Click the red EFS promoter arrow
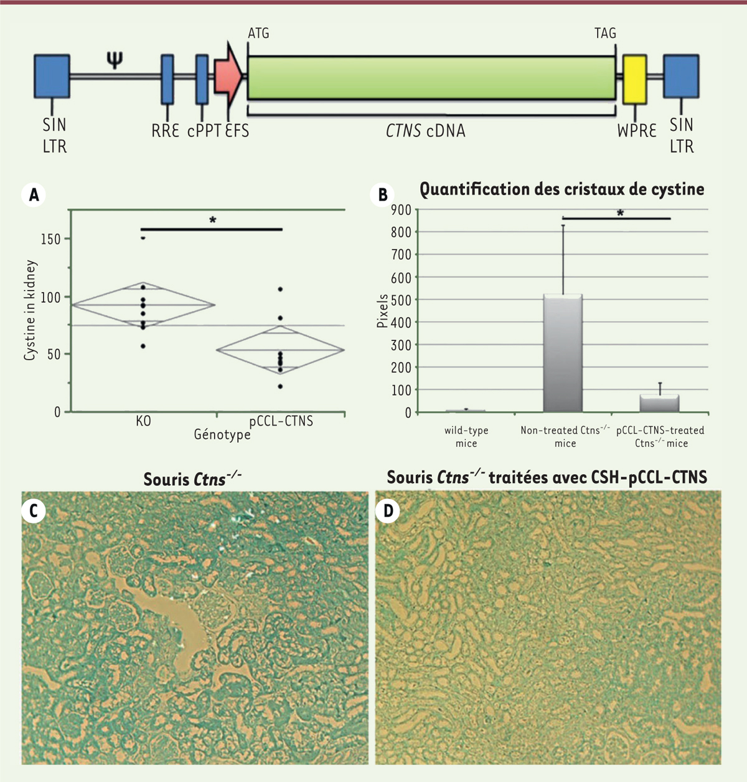(x=227, y=77)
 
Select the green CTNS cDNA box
(x=431, y=78)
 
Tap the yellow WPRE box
(x=634, y=79)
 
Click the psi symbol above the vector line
(x=115, y=60)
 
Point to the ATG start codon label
(x=258, y=34)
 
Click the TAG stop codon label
(x=604, y=34)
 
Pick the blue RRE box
(x=167, y=79)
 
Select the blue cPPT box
(x=202, y=79)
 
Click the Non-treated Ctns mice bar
(x=563, y=353)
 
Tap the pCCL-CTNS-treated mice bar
(x=659, y=403)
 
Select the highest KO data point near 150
(x=143, y=237)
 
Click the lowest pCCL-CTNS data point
(x=280, y=386)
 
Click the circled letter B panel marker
(x=382, y=194)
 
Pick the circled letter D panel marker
(x=388, y=511)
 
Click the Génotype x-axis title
(x=222, y=434)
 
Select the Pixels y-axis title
(x=382, y=311)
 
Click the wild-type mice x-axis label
(x=466, y=437)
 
